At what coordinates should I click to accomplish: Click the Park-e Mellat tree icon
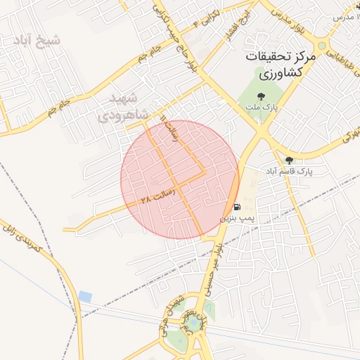(261, 96)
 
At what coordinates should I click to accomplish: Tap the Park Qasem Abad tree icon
(289, 160)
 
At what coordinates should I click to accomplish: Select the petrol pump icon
(237, 207)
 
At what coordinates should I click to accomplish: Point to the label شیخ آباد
(35, 40)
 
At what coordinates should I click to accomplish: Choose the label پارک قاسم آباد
(289, 172)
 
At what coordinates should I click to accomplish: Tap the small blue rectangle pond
(85, 297)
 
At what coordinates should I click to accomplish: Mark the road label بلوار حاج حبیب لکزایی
(176, 39)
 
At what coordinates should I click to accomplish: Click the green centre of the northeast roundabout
(322, 46)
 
